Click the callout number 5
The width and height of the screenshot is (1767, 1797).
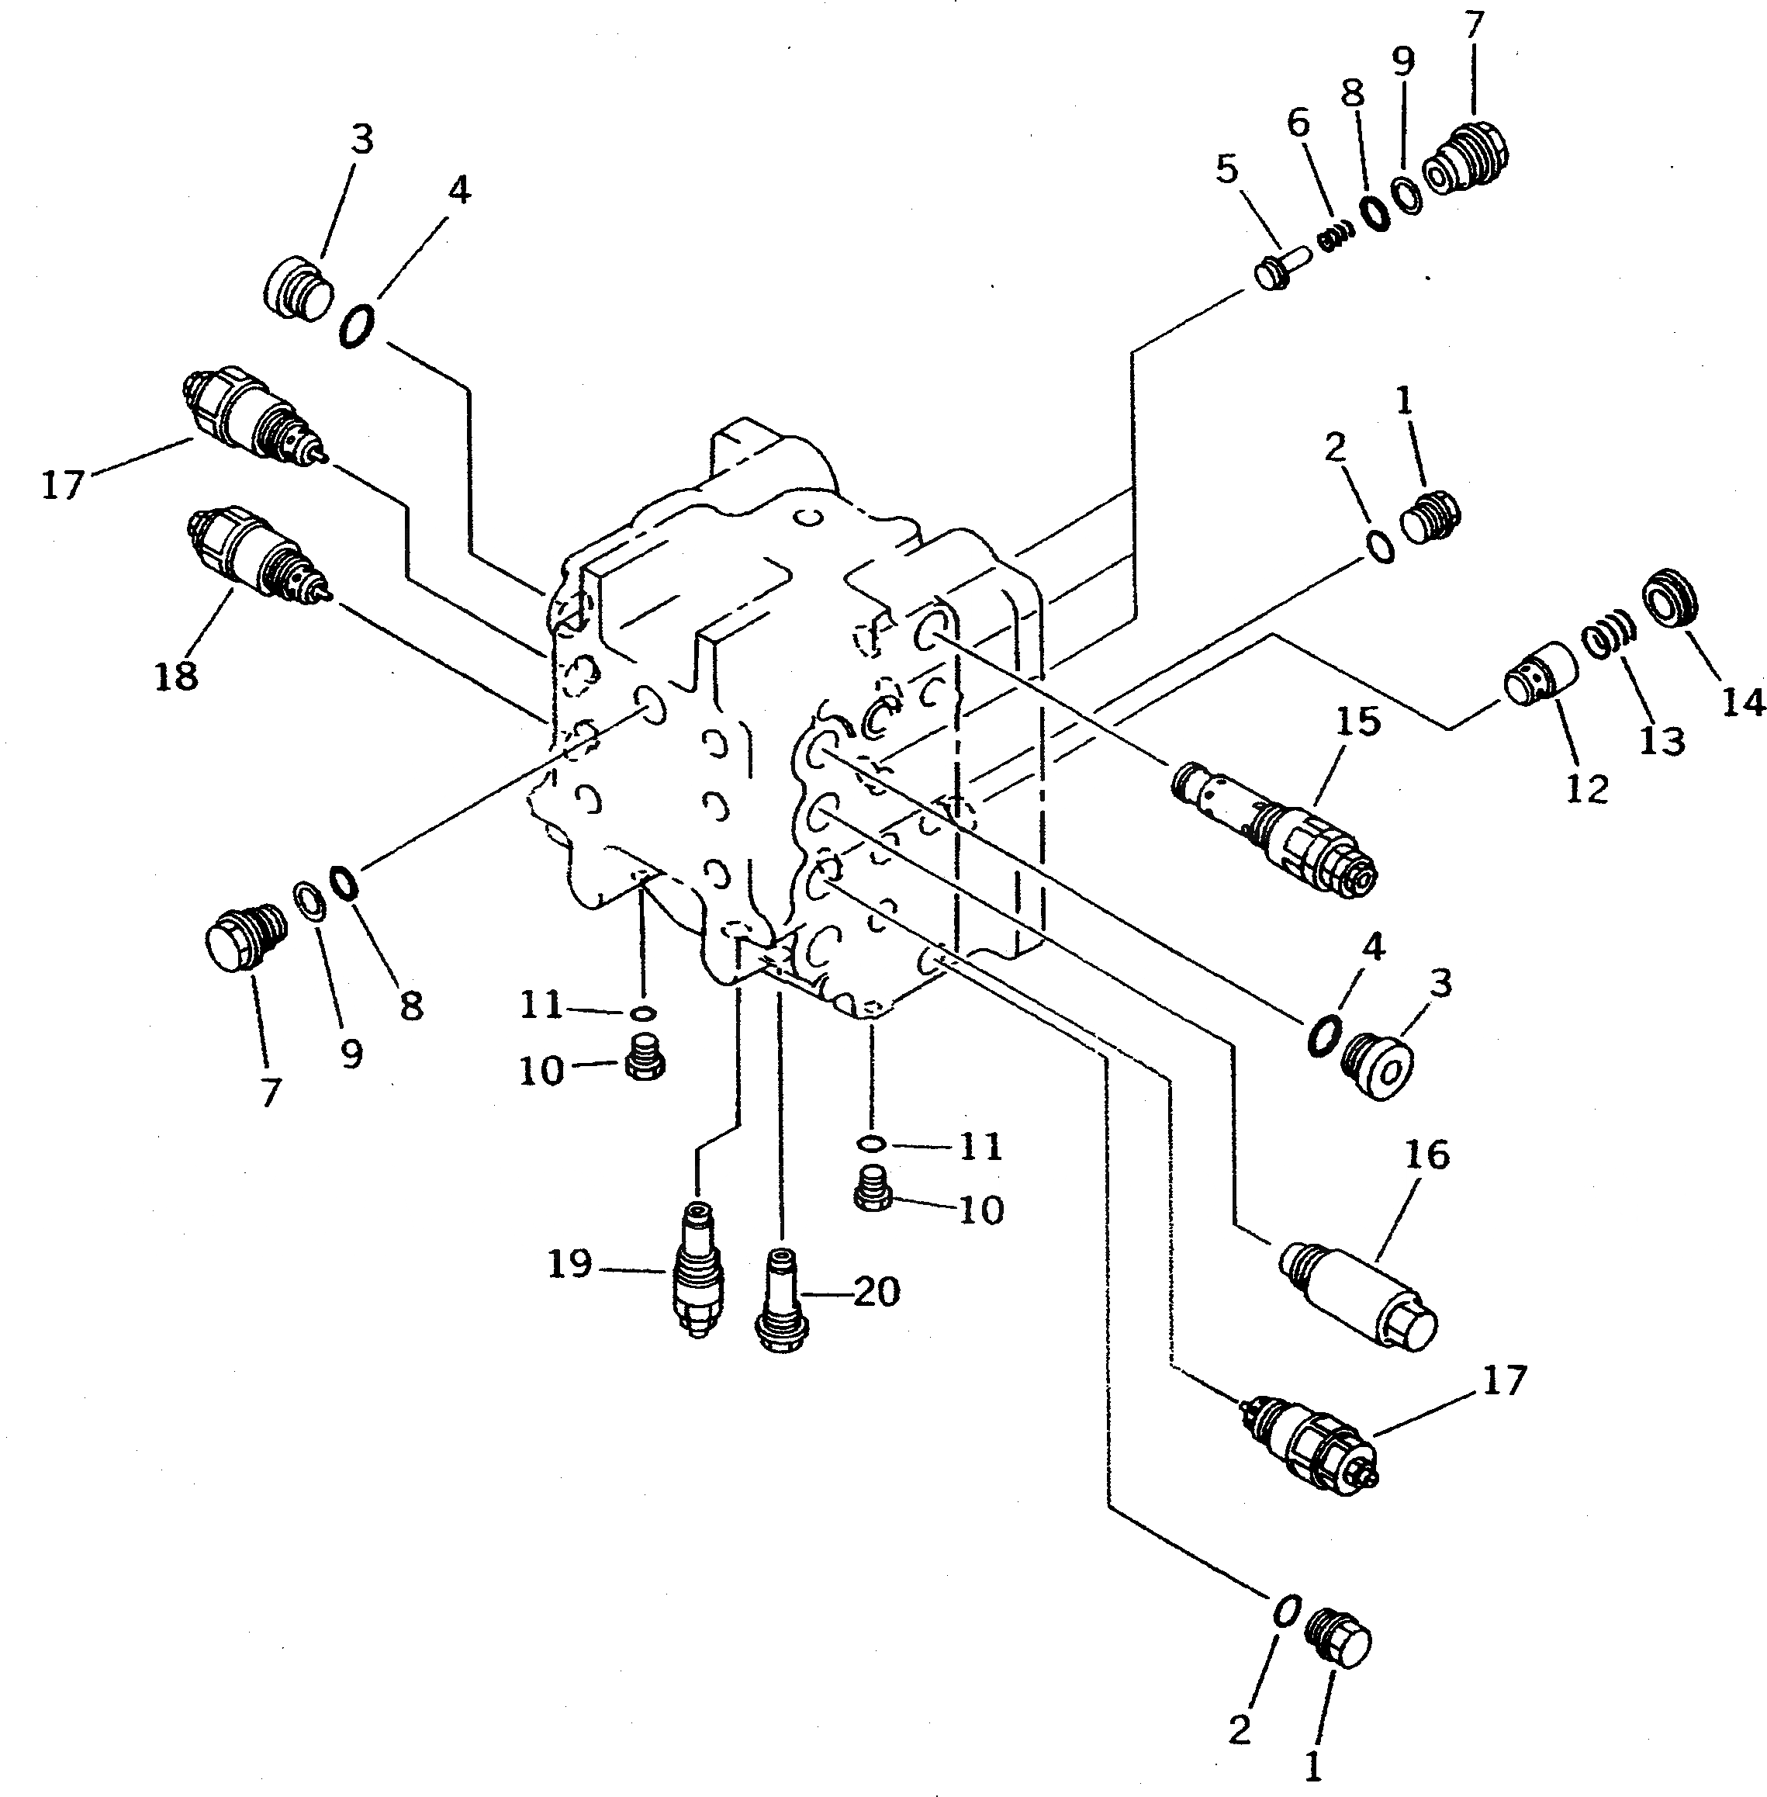(x=1227, y=170)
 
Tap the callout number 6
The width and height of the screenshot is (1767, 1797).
(x=1298, y=123)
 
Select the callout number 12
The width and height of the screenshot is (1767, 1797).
(x=1586, y=789)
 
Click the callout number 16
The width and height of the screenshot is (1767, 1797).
(x=1426, y=1155)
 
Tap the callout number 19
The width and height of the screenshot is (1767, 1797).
(x=569, y=1263)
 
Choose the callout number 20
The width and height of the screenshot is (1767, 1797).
(x=876, y=1291)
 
